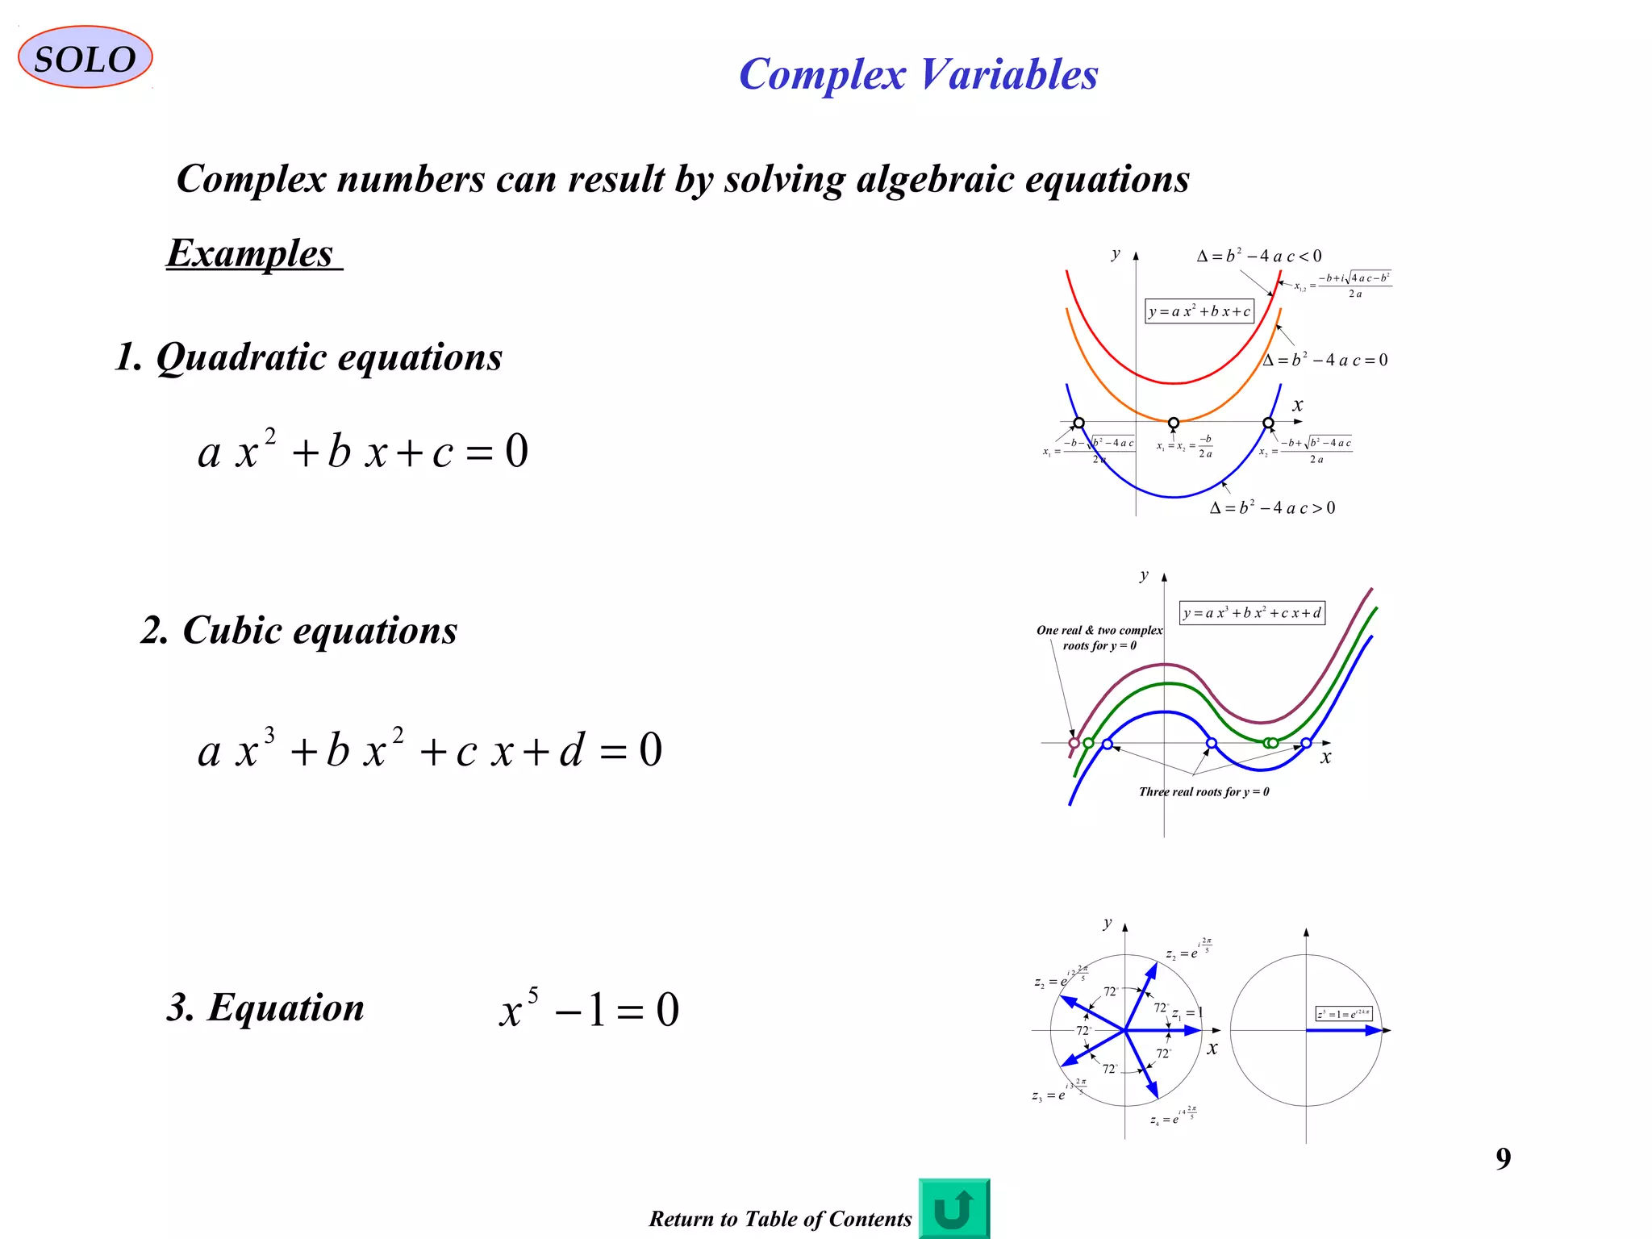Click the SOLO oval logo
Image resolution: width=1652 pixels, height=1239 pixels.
pos(85,58)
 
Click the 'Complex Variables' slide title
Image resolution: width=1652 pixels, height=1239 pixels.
pos(918,74)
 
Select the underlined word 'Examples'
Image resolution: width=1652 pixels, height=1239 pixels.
pos(252,253)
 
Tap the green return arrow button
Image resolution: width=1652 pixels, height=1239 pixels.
pos(953,1208)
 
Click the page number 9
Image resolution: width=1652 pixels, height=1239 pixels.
pos(1503,1158)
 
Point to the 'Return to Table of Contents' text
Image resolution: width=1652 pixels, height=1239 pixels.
pos(780,1218)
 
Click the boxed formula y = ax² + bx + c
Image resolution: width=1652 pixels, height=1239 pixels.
pos(1199,311)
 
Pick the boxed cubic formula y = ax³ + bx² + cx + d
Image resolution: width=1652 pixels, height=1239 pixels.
pos(1252,613)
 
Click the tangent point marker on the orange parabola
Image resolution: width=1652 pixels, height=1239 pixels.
pos(1174,423)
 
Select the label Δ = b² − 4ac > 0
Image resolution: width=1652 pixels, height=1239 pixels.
pos(1272,507)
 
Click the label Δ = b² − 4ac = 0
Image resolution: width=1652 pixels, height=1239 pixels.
pos(1325,360)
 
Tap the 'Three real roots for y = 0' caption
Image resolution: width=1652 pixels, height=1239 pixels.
pos(1204,792)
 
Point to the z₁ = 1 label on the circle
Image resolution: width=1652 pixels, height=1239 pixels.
pos(1187,1012)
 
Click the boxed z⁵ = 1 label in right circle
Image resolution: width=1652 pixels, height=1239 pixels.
pos(1343,1013)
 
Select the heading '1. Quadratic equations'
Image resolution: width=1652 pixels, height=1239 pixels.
pos(309,357)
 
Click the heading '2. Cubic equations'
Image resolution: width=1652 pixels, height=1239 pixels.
pos(299,630)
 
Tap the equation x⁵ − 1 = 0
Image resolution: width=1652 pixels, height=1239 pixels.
pos(590,1010)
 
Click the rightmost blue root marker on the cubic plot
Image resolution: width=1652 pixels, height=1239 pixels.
pos(1306,743)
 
